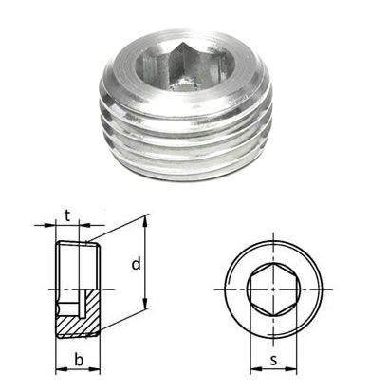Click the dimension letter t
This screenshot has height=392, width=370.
tap(66, 215)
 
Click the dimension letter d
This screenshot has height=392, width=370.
tap(136, 264)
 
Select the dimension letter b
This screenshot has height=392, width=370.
tap(79, 360)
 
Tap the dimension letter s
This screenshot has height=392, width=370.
tap(274, 360)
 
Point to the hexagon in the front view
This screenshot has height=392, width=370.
tap(273, 289)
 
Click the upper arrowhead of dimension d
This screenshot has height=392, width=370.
tap(145, 220)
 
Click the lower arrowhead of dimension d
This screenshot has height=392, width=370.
tap(145, 304)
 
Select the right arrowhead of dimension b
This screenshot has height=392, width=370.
tap(95, 369)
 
